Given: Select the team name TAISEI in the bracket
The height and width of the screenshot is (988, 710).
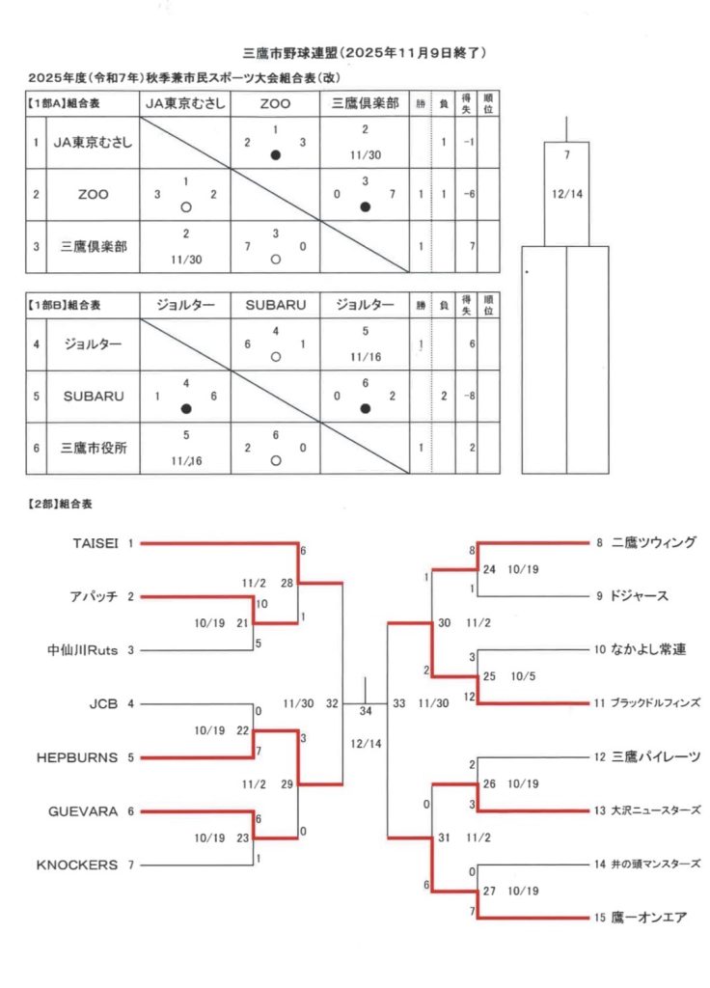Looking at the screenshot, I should click(x=95, y=543).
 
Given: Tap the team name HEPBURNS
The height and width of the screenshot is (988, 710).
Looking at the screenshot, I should click(x=77, y=757).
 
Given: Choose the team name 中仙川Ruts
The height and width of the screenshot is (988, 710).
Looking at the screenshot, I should click(x=83, y=650).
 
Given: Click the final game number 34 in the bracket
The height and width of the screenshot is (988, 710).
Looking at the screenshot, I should click(x=365, y=711).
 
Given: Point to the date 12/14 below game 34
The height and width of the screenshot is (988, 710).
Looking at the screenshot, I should click(x=365, y=744).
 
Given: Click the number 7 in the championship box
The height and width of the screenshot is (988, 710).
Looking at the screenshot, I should click(x=567, y=154).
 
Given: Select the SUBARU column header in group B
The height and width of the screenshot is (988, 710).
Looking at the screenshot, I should click(x=275, y=305).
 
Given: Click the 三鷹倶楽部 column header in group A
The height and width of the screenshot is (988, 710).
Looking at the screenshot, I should click(x=365, y=102).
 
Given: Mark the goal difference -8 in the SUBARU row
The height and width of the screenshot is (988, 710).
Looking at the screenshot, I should click(x=468, y=396).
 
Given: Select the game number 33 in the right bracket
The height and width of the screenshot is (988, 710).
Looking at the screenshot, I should click(x=398, y=704).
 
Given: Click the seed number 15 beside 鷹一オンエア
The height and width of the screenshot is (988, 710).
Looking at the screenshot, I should click(x=598, y=918).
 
